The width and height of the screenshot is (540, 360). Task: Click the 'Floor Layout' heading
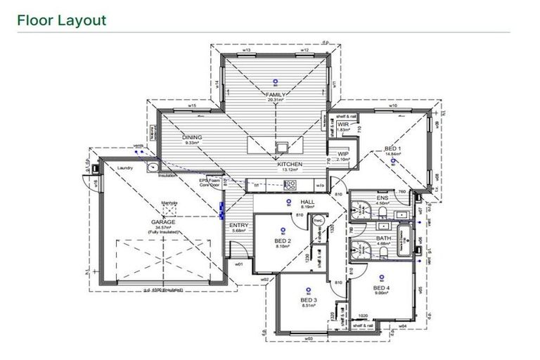[62, 20]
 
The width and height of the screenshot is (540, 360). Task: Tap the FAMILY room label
[275, 94]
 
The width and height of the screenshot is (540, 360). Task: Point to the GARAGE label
[162, 221]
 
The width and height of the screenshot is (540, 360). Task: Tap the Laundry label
[126, 168]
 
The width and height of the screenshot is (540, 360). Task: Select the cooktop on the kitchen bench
[290, 185]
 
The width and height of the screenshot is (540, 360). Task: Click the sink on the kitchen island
[281, 147]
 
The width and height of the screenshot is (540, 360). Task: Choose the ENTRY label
[239, 225]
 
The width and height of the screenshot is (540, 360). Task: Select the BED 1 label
[393, 148]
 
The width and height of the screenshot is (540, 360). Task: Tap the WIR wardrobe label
[343, 124]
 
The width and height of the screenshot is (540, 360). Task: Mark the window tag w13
[247, 51]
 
